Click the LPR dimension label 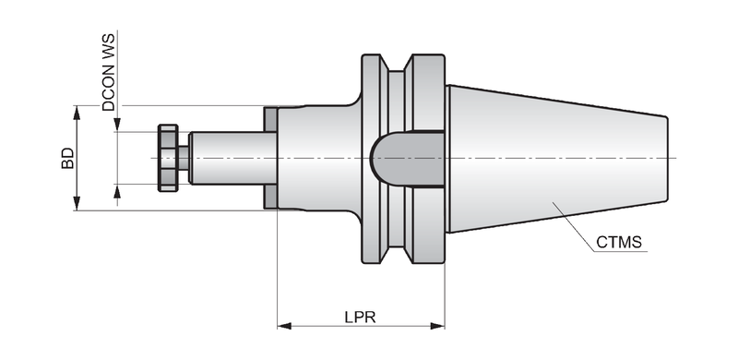click(360, 317)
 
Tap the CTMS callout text click(619, 242)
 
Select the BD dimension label click(67, 158)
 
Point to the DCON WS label click(109, 72)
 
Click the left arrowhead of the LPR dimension click(284, 326)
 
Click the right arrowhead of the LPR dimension click(437, 326)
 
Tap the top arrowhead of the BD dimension click(77, 113)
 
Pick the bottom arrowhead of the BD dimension click(77, 203)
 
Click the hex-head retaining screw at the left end click(168, 158)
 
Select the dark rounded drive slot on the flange click(407, 159)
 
